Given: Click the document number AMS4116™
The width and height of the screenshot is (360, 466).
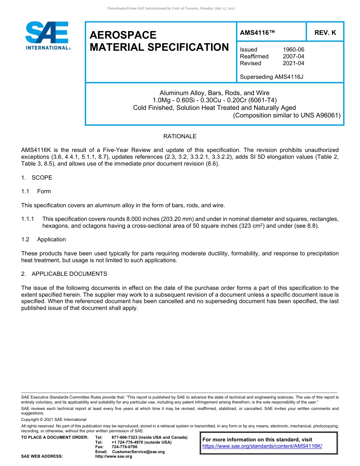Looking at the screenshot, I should click(x=257, y=33).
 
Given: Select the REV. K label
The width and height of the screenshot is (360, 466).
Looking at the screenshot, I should click(x=325, y=33).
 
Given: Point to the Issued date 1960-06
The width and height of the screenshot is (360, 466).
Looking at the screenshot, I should click(x=293, y=50).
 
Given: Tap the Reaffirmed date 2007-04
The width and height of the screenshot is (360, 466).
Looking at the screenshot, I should click(x=293, y=56).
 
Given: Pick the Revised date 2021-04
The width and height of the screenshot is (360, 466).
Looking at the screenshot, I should click(x=293, y=63).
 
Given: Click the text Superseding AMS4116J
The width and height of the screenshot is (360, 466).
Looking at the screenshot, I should click(x=271, y=77).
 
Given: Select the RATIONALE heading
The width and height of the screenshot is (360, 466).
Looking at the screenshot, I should click(x=180, y=136).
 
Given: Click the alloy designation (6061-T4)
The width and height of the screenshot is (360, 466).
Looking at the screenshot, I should click(x=263, y=100).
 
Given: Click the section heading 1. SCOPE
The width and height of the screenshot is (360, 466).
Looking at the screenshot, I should click(x=37, y=178).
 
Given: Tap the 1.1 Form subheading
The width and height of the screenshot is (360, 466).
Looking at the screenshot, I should click(x=36, y=191).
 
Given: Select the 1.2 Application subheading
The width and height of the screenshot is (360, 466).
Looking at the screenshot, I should click(x=44, y=239).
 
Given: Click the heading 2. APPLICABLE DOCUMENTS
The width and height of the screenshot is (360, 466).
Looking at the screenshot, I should click(x=64, y=274).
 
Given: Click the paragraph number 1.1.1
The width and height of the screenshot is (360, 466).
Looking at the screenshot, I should click(x=28, y=219).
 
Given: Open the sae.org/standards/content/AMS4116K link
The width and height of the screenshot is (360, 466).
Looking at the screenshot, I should click(x=262, y=446).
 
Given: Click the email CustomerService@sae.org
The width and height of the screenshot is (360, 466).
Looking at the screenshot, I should click(x=138, y=452).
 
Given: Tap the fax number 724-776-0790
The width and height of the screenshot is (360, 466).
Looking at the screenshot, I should click(x=124, y=447).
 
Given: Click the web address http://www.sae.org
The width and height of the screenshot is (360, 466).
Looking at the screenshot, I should click(x=113, y=457).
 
